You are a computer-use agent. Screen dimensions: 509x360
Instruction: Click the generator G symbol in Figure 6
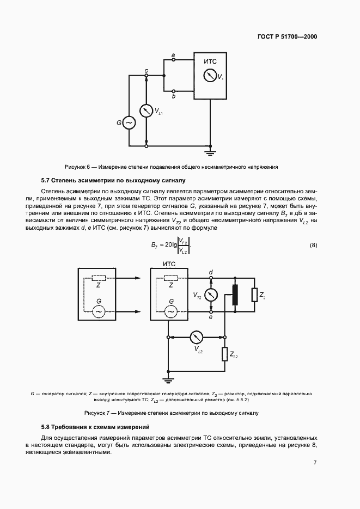point(129,124)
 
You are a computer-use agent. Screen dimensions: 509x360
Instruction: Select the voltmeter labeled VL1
point(146,111)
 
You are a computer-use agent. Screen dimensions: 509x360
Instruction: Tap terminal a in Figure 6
point(173,60)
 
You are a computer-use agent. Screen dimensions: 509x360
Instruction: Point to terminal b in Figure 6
point(173,91)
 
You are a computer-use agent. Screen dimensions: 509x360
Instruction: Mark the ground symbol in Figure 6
point(209,150)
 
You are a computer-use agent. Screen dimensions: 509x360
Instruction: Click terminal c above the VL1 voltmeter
point(146,76)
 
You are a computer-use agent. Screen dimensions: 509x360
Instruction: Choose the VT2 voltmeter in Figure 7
point(211,294)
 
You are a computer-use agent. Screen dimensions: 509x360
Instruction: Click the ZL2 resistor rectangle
point(224,354)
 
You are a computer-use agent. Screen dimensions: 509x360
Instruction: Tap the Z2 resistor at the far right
point(254,295)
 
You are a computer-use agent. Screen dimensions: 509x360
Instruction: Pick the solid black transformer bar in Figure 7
point(235,295)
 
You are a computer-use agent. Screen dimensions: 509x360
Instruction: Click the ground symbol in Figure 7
point(169,378)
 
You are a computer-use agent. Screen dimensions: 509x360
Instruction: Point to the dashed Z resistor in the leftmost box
point(99,278)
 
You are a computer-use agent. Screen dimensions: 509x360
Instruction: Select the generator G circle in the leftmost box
point(99,311)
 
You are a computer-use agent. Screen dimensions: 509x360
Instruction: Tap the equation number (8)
point(313,245)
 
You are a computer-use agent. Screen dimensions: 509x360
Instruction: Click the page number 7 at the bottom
point(315,463)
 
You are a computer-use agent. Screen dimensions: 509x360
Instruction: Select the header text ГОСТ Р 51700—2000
point(286,37)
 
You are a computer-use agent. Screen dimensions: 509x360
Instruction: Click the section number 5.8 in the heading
point(47,427)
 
